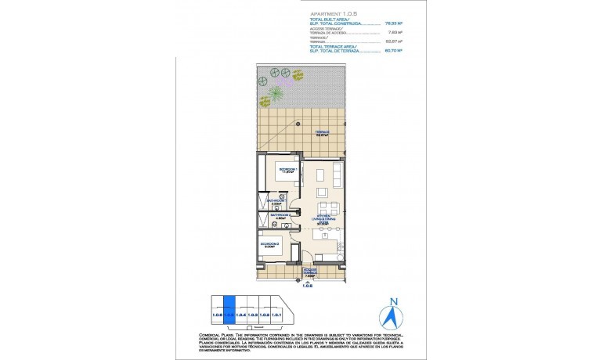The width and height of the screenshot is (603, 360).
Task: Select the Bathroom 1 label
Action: (x=275, y=201)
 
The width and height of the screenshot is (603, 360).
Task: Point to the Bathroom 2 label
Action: (x=280, y=215)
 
